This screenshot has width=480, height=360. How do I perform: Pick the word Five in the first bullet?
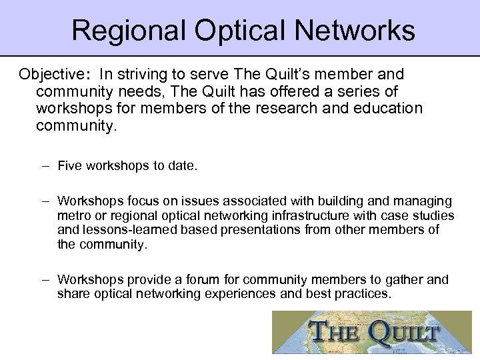(x=69, y=165)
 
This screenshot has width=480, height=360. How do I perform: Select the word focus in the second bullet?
(x=131, y=201)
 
